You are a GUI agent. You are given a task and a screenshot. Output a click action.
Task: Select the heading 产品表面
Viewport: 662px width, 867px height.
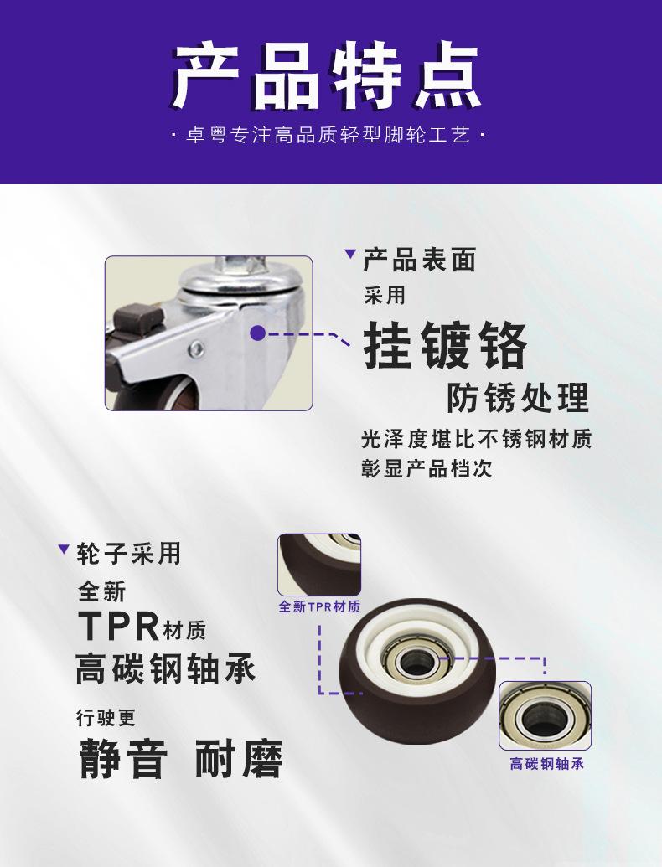coord(420,260)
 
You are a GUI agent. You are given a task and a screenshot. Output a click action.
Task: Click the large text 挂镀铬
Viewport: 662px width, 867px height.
coord(445,346)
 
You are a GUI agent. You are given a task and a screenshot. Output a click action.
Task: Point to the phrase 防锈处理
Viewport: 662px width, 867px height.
coord(518,398)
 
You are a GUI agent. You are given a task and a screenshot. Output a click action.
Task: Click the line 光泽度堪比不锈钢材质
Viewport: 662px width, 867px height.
coord(477,439)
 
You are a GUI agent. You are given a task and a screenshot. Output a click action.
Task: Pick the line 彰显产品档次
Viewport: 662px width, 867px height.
coord(427,469)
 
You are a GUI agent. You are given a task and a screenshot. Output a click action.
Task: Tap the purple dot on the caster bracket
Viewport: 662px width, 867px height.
coord(257,333)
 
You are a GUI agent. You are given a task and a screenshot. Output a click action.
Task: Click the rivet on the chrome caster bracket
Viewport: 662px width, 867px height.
coord(196,349)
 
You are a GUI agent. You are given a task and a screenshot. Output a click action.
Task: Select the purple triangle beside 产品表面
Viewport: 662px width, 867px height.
coord(350,254)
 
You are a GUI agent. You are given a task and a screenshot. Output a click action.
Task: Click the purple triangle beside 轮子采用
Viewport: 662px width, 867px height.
coord(64,549)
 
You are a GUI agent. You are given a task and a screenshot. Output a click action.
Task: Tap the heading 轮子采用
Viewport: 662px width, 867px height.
coord(129,554)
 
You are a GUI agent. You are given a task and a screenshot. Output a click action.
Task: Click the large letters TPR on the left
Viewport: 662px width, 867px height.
coord(119,626)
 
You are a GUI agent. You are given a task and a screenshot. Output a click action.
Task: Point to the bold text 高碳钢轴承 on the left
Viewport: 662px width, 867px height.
coord(166,668)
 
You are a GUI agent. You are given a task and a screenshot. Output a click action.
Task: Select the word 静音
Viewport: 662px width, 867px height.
coord(123,759)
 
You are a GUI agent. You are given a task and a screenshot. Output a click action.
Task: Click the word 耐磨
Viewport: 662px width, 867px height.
coord(239,759)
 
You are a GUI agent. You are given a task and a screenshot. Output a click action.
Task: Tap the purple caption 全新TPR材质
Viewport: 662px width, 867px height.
coord(319,606)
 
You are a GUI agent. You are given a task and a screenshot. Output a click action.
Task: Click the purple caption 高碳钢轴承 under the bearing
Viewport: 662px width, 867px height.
coord(546,764)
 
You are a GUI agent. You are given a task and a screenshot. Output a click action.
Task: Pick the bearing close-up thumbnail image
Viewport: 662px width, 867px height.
coord(546,715)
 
